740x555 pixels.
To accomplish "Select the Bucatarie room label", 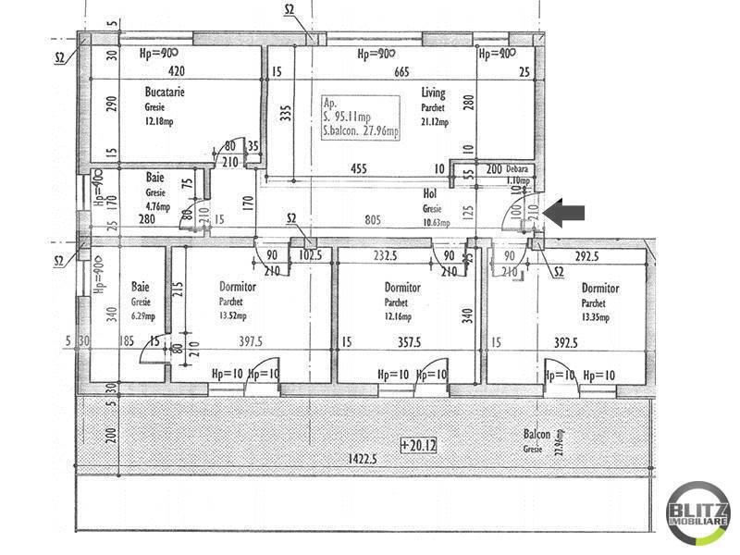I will tap(162, 92).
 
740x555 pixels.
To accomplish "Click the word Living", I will tap(433, 92).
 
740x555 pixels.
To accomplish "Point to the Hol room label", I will tap(429, 193).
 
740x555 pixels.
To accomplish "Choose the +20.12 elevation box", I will tap(418, 445).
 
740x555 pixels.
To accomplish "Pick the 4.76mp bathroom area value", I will tap(158, 206).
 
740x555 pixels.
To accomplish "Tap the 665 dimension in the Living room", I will tap(401, 71).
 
